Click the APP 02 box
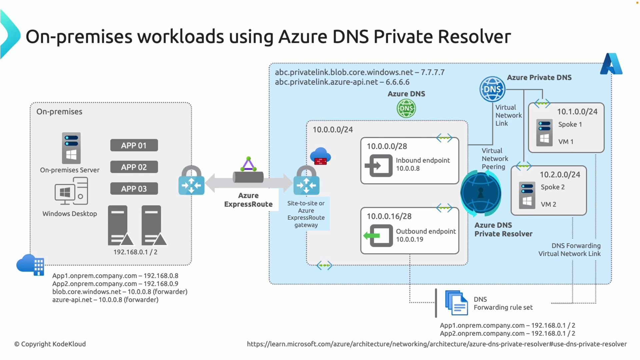click(134, 167)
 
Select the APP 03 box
click(134, 189)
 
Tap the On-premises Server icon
click(71, 148)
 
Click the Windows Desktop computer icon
click(71, 191)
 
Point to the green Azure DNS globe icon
click(406, 109)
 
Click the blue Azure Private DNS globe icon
click(492, 89)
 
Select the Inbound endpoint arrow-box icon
click(379, 165)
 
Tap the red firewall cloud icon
click(320, 156)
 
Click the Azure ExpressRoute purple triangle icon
click(248, 164)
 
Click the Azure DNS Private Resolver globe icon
click(481, 193)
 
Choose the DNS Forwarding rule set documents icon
click(456, 303)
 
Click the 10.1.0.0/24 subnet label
click(577, 112)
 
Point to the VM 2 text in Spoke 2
click(548, 204)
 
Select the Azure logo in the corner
click(611, 64)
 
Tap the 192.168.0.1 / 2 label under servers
click(135, 252)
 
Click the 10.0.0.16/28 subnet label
click(389, 216)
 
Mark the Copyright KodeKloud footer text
click(50, 344)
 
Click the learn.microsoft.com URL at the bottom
click(437, 344)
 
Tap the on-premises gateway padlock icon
click(191, 180)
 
